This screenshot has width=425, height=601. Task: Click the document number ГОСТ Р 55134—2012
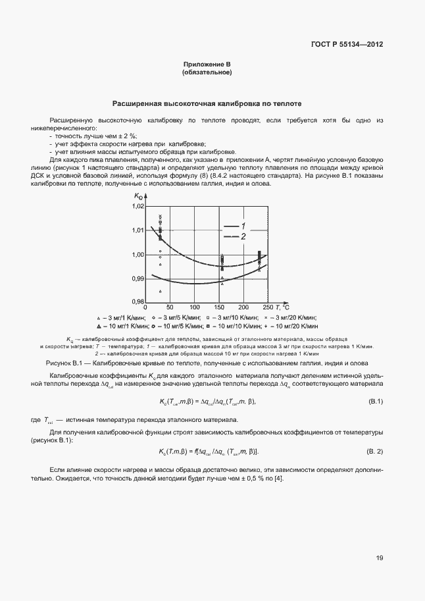346,44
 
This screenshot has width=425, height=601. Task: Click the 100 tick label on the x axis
194,307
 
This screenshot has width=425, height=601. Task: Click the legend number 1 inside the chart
243,226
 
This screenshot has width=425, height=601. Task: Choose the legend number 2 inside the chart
243,236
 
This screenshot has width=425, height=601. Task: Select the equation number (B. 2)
374,450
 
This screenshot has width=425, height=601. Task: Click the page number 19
380,558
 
